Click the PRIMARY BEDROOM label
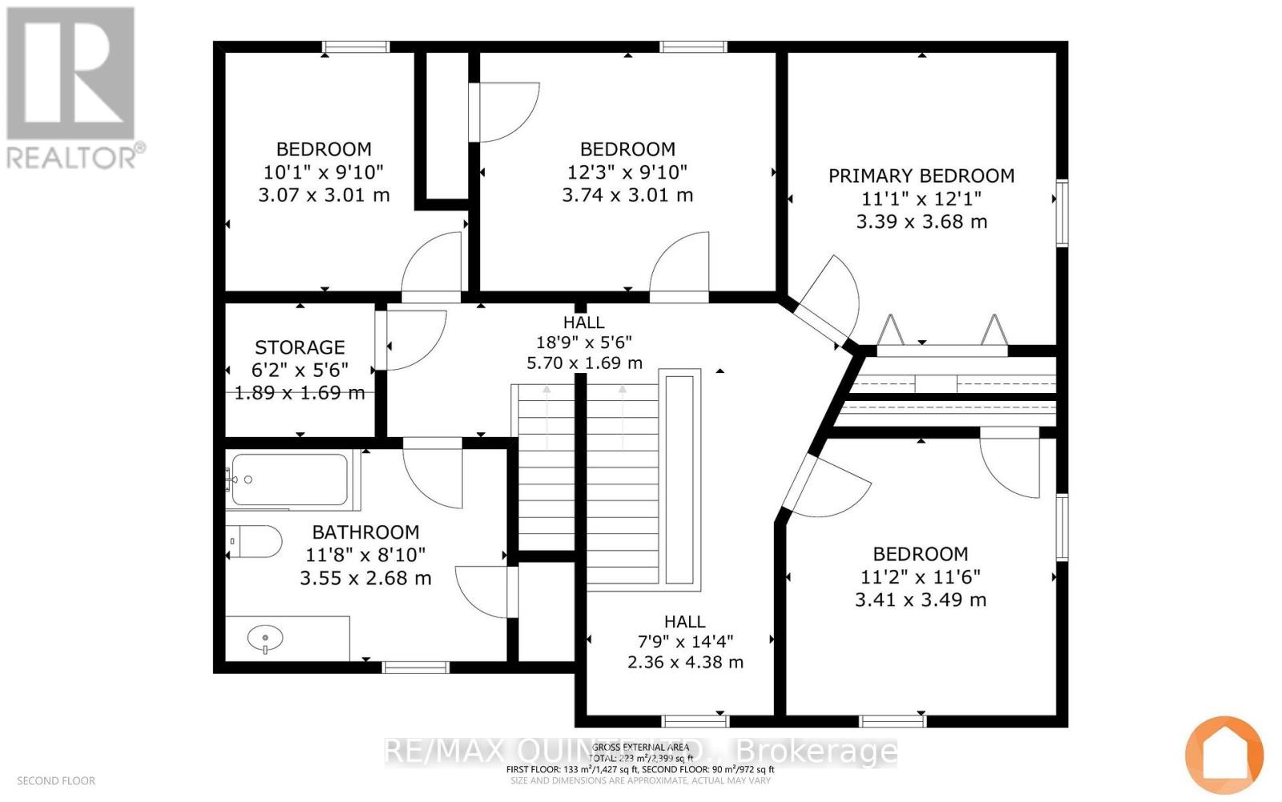pos(921,176)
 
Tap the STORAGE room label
pos(300,347)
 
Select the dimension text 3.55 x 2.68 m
pos(365,577)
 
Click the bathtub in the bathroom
pos(290,480)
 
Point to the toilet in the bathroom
pos(255,542)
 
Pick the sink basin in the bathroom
pos(265,639)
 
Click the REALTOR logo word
pos(76,156)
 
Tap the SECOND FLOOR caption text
pos(56,780)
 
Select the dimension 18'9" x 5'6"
pos(583,342)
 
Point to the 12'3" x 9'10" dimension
pos(627,172)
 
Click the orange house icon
pos(1224,755)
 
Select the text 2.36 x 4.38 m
pos(685,662)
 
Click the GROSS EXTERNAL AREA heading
pos(641,747)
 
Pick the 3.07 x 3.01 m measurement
pos(324,195)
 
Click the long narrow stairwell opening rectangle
pos(679,477)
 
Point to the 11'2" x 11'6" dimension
pos(921,577)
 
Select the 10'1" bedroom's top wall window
pos(356,47)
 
